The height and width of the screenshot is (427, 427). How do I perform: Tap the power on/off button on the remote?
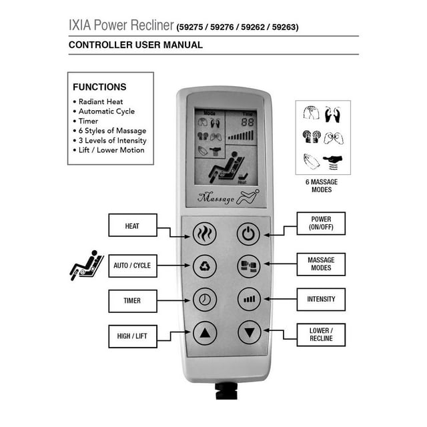tap(248, 234)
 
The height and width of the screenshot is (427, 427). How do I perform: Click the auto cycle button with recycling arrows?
tap(205, 266)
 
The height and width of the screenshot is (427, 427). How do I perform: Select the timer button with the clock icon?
tap(205, 299)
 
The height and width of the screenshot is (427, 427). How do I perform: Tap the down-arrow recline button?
tap(248, 332)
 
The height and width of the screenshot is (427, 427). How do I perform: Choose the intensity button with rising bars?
tap(248, 299)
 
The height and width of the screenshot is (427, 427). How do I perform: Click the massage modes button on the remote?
tap(248, 266)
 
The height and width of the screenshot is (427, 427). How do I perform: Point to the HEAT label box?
tap(132, 226)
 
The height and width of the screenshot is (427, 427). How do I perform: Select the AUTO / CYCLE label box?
tap(132, 266)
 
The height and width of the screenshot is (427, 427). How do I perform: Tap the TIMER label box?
tap(132, 300)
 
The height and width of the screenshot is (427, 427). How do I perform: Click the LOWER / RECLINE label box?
tap(321, 334)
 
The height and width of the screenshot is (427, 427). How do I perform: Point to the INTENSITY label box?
tap(321, 299)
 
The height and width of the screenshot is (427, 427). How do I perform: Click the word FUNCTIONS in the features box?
tap(99, 87)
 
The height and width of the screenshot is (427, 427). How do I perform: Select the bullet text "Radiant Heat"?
tap(101, 101)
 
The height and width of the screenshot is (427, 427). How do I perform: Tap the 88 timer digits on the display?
tap(247, 123)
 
